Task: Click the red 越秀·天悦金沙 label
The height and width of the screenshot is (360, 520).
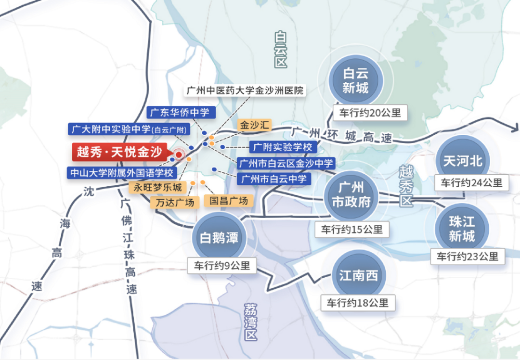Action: point(119,153)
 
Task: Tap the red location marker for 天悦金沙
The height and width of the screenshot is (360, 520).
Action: point(179,155)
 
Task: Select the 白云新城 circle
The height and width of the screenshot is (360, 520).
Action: point(356,80)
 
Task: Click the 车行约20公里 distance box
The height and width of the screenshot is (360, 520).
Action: point(370,114)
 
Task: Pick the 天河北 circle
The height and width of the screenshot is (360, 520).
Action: point(462,161)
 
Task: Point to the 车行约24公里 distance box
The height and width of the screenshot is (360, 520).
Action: point(471,183)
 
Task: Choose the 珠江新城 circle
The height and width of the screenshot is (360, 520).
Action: point(462,229)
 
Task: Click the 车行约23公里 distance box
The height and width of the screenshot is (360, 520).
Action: point(468,257)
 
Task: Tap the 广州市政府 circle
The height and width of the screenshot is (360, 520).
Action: point(351,194)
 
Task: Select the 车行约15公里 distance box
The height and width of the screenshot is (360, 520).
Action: point(352,230)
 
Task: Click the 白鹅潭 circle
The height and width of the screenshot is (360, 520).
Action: point(219,238)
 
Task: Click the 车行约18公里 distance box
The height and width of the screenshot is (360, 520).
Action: point(358,303)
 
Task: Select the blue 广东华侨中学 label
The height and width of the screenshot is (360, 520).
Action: point(180,113)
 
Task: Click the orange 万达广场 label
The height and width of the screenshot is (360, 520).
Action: point(175,202)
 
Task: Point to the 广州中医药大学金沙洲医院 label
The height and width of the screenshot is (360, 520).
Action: point(246,90)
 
